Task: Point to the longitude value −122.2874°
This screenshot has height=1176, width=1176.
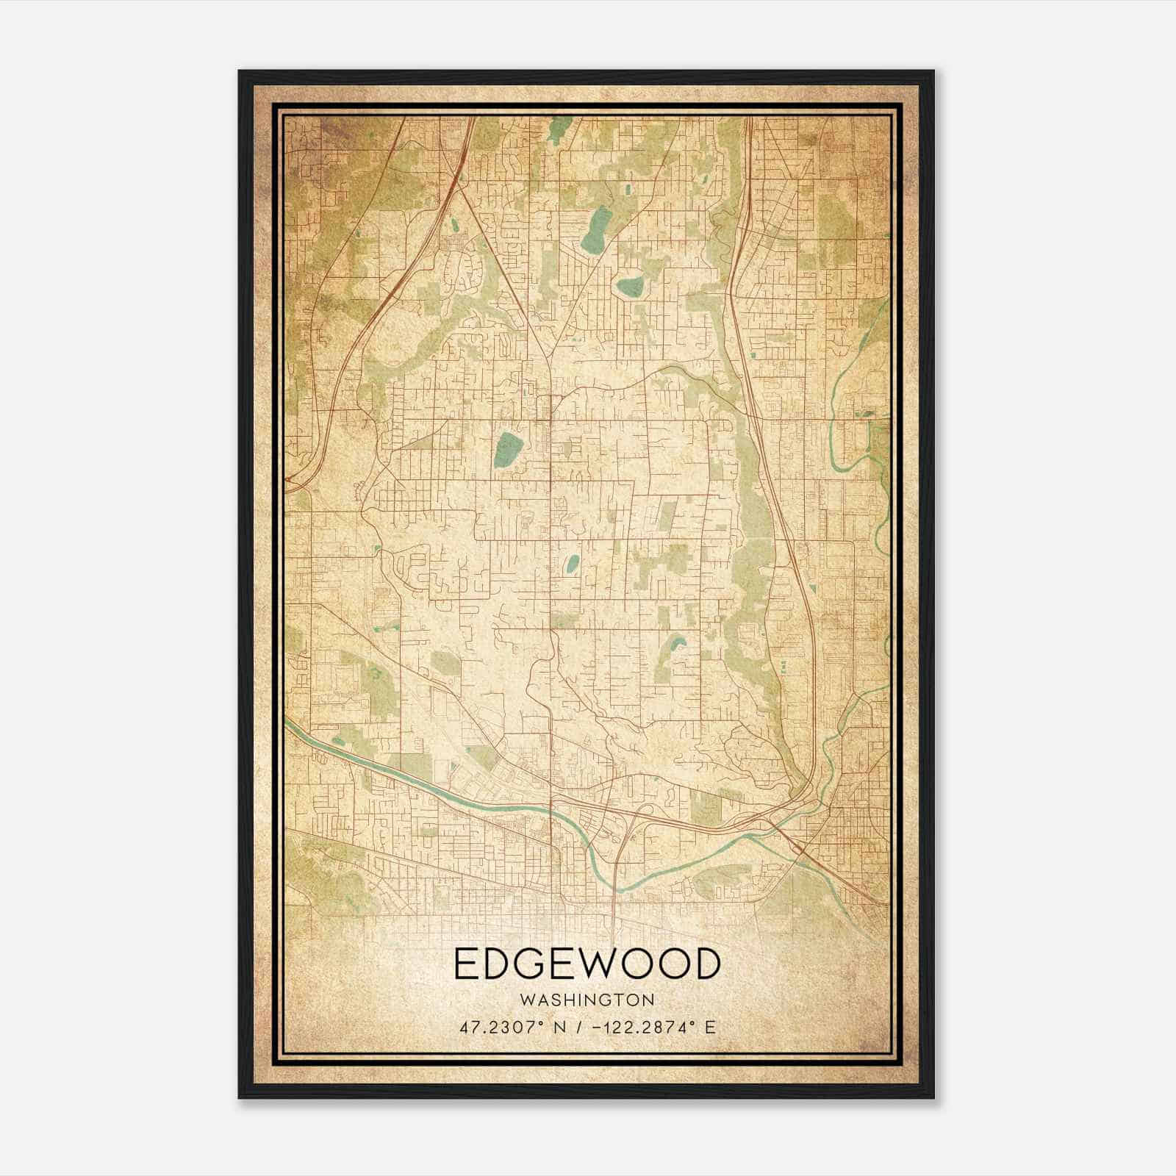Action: tap(642, 1027)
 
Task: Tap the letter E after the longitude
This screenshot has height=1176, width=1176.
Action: tap(710, 1027)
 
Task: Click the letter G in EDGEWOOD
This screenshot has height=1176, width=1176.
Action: tap(539, 964)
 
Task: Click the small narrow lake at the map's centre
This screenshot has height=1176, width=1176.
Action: tap(571, 564)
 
